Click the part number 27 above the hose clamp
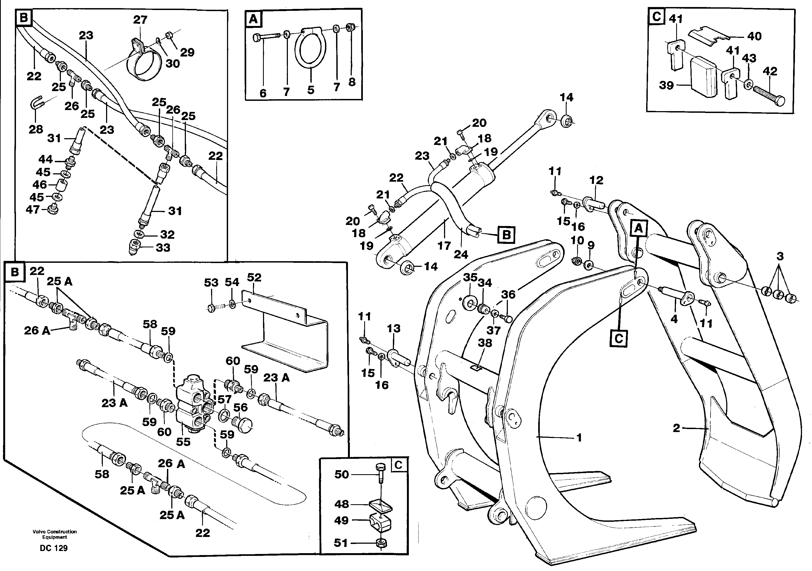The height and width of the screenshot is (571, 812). pyautogui.click(x=140, y=20)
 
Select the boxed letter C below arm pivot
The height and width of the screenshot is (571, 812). pyautogui.click(x=619, y=338)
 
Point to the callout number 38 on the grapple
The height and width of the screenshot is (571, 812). pyautogui.click(x=485, y=343)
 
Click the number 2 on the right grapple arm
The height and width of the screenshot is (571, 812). pyautogui.click(x=676, y=428)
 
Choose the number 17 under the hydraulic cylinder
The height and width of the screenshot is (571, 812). pyautogui.click(x=444, y=245)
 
